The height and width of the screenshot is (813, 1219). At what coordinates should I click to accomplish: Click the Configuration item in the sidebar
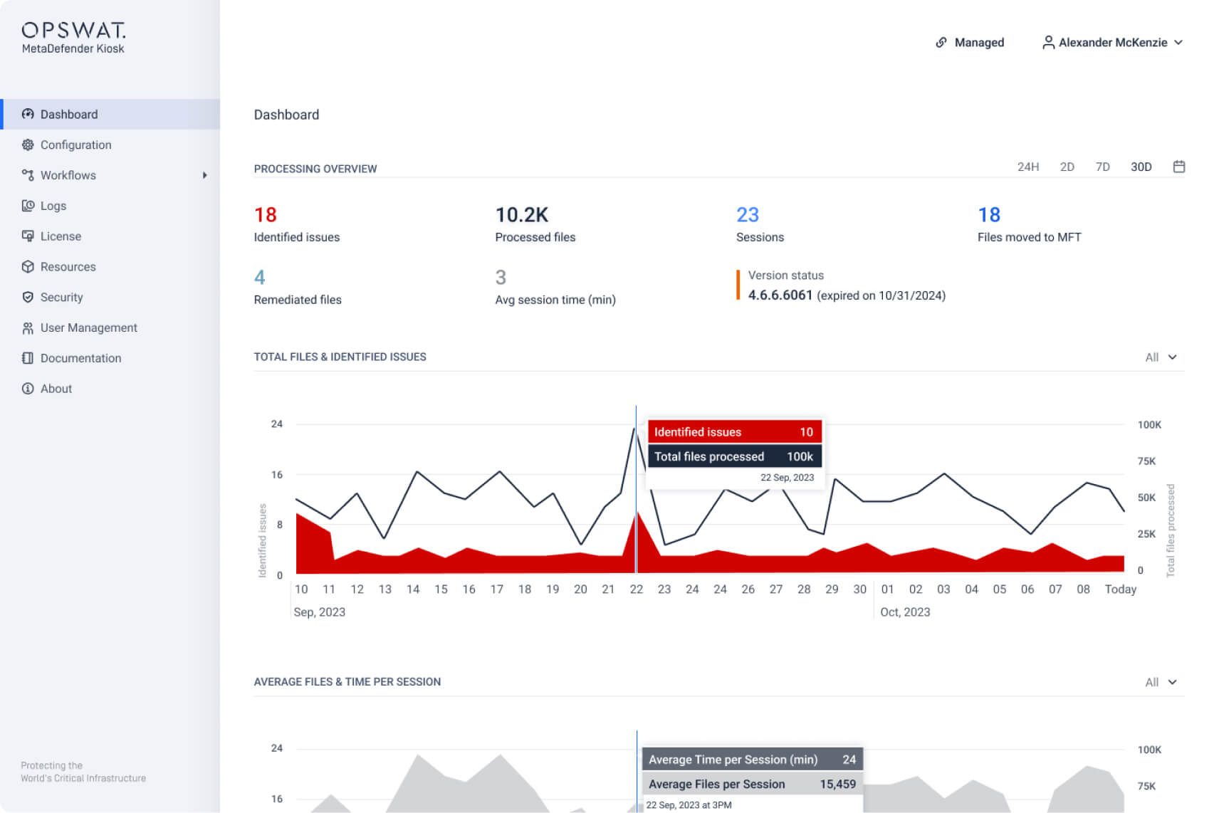click(x=75, y=145)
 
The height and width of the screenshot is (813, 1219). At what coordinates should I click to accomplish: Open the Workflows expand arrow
click(x=204, y=175)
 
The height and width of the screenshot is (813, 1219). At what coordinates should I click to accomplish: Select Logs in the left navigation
click(x=53, y=206)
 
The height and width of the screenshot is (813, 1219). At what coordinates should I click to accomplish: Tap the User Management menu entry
click(x=88, y=327)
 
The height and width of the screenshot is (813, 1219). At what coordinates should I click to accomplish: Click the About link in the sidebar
click(x=56, y=389)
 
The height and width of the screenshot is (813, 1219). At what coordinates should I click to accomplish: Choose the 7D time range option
click(x=1102, y=167)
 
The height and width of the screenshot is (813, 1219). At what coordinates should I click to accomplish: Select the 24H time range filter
click(x=1027, y=167)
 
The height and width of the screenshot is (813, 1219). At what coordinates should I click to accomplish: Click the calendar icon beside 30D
click(x=1178, y=167)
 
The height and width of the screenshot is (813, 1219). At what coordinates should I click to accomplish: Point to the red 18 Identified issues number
click(x=265, y=215)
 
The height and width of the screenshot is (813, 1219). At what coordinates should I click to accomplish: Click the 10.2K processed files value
click(x=521, y=215)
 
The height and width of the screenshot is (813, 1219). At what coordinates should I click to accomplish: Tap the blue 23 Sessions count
click(x=747, y=215)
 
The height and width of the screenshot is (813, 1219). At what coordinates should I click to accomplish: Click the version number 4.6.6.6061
click(x=780, y=295)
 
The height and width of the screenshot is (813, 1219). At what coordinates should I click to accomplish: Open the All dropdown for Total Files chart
click(x=1161, y=357)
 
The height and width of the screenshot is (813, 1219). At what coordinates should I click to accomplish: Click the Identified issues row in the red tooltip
click(x=733, y=432)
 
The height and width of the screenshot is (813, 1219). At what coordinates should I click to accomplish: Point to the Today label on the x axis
click(x=1119, y=589)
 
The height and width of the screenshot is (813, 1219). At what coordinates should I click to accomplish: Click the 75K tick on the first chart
click(x=1146, y=461)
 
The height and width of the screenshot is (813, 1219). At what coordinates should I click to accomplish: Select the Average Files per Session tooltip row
click(x=751, y=784)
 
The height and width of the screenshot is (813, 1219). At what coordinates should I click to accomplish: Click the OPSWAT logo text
click(x=73, y=30)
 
